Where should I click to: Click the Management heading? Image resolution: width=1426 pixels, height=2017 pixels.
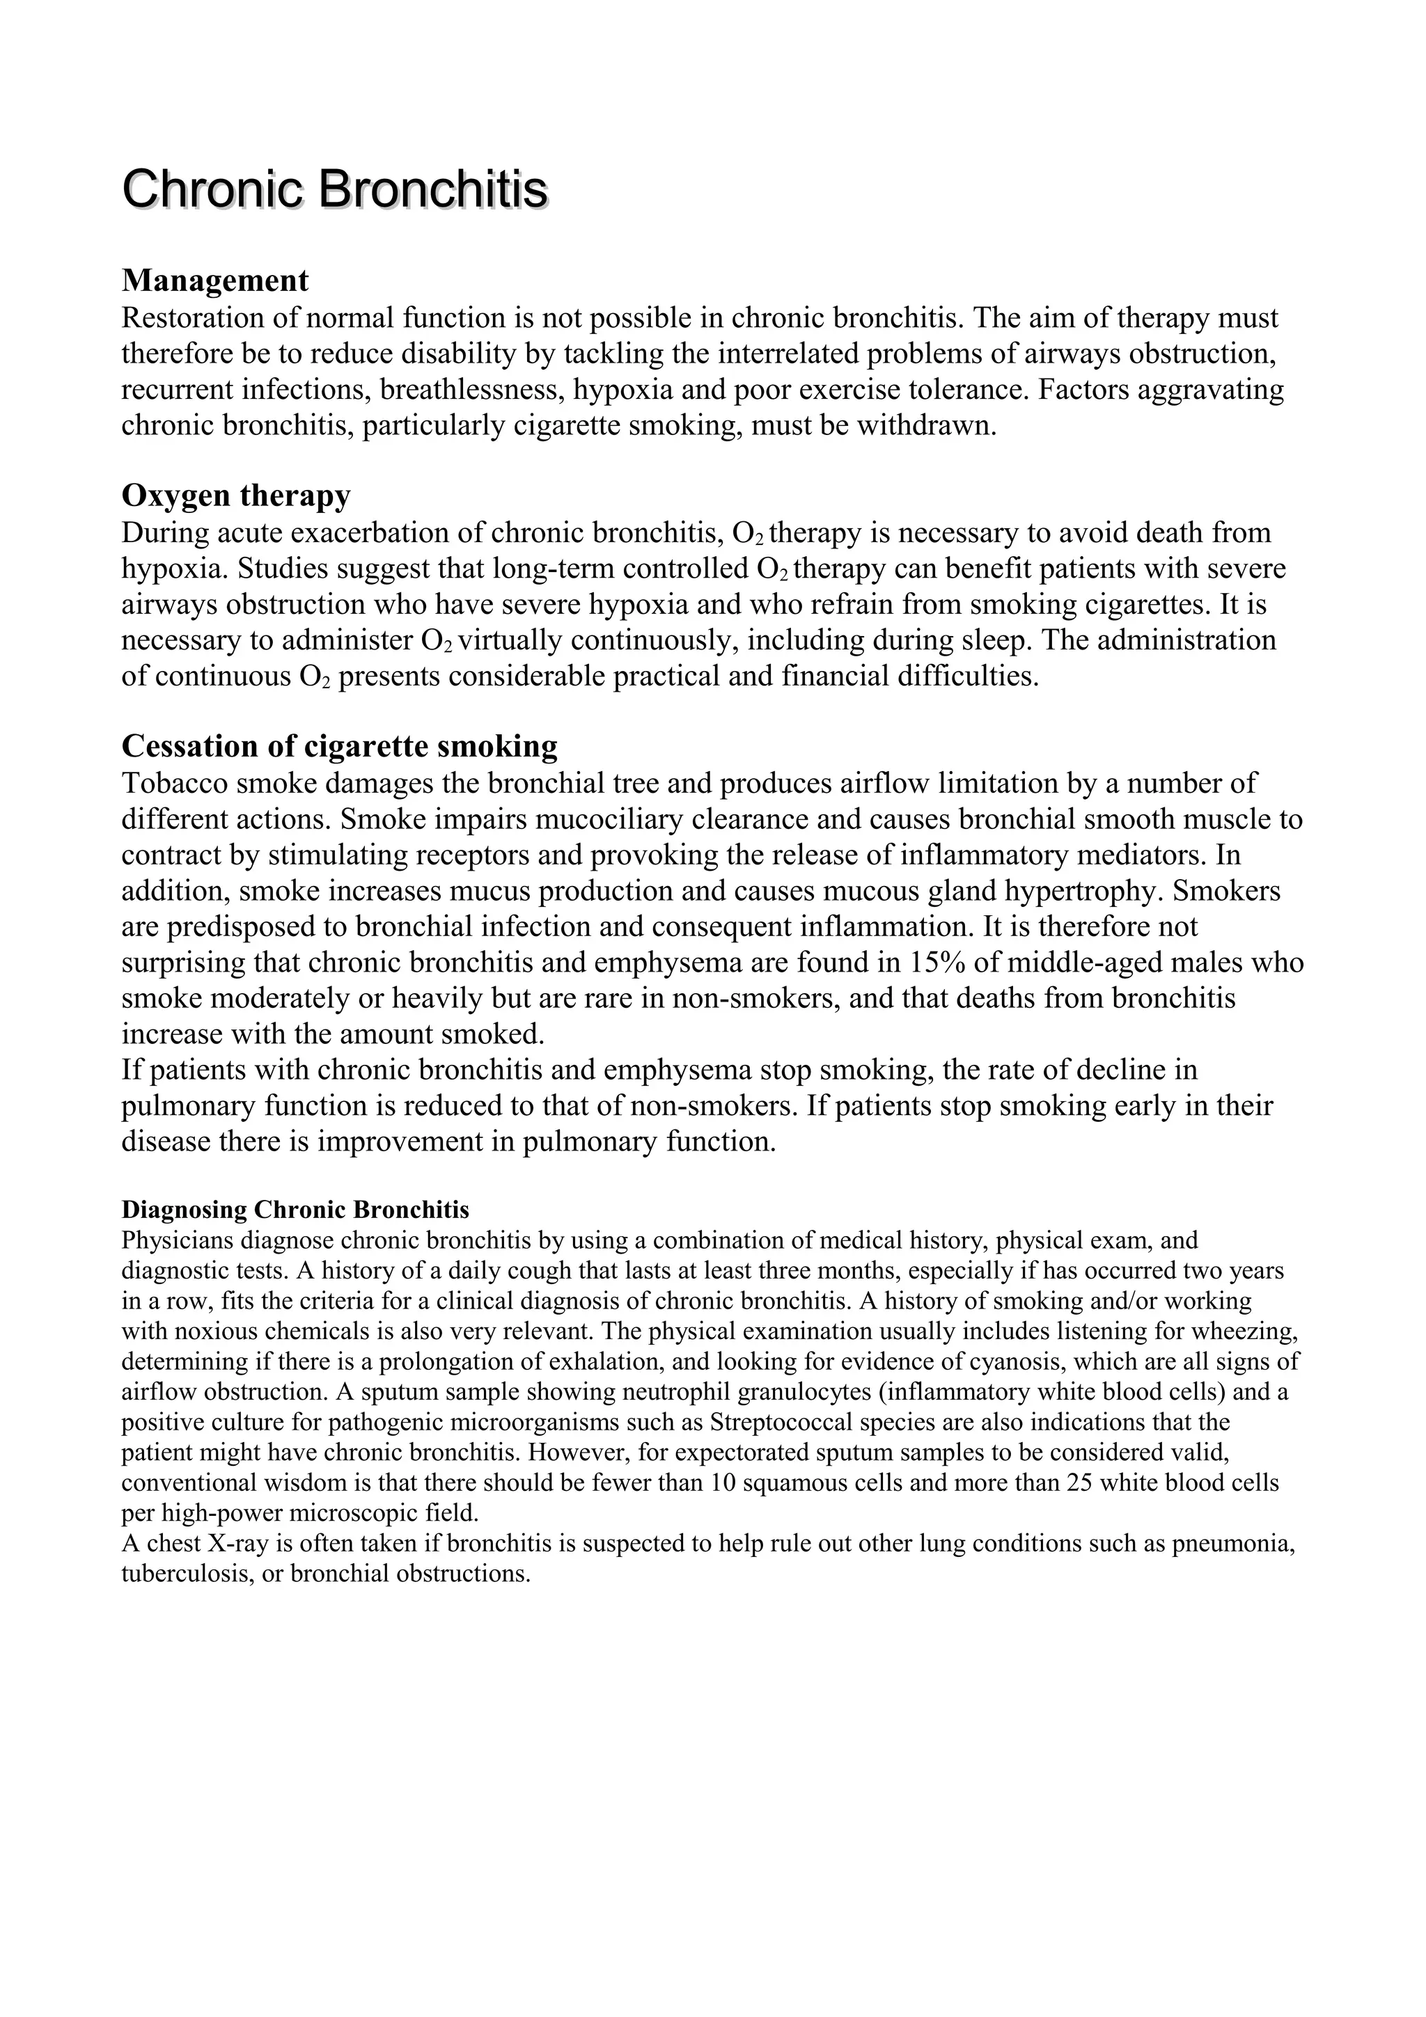point(215,281)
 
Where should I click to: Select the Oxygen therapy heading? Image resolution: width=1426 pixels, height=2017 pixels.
point(235,496)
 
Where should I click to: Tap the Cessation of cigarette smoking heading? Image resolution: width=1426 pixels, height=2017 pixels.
point(339,746)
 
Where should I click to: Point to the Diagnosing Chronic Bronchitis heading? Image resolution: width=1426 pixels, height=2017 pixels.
point(295,1210)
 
